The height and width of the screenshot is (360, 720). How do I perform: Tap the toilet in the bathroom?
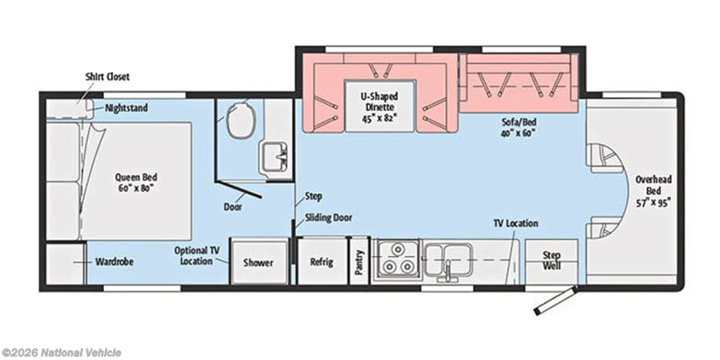[x=240, y=119]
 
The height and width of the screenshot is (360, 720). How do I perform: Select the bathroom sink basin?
[x=274, y=157]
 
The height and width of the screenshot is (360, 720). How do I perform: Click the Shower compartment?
[x=259, y=262]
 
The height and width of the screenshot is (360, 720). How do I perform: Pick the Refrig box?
[x=322, y=262]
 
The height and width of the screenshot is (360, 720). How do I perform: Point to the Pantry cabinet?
[x=359, y=262]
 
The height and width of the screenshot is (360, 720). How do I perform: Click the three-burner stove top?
[x=397, y=259]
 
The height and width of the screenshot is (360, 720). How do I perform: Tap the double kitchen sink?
[x=448, y=260]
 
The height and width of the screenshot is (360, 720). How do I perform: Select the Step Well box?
[x=551, y=262]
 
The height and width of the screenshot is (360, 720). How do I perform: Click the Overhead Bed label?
[x=653, y=190]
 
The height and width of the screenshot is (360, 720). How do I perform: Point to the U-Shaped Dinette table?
[x=380, y=105]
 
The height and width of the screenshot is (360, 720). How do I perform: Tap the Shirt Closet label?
[x=108, y=77]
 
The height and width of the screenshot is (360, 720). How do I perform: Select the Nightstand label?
[x=127, y=108]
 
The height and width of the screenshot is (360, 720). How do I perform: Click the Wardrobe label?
[x=115, y=262]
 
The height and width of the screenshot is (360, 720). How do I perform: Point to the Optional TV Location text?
[x=197, y=256]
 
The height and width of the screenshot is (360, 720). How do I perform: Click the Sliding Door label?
[x=328, y=218]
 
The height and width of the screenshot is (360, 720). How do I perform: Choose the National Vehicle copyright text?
[x=62, y=353]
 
